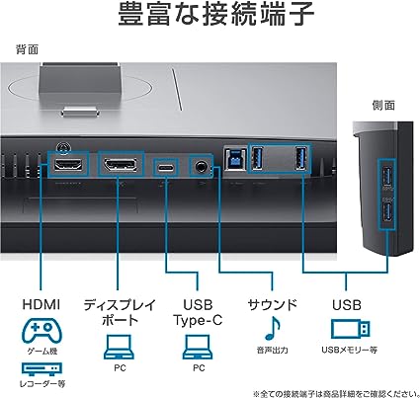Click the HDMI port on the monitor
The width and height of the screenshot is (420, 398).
[x=68, y=164]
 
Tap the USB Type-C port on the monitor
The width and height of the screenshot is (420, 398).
[x=166, y=168]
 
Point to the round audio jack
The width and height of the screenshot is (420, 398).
[x=200, y=167]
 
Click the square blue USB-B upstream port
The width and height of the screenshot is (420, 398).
[x=235, y=159]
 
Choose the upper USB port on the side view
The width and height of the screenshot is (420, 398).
[x=386, y=177]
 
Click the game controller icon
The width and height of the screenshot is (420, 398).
[x=42, y=330]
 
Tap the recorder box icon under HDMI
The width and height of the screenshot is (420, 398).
[x=42, y=369]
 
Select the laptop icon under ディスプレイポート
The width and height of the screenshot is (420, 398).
[x=120, y=348]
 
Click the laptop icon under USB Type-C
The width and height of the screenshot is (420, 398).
[x=198, y=348]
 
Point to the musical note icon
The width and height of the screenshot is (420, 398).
[x=273, y=328]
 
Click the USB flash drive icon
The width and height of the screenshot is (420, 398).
[x=350, y=329]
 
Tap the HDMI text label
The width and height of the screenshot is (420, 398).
[x=42, y=304]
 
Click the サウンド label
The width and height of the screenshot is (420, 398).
[x=273, y=305]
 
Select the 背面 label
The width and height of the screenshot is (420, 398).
[x=28, y=49]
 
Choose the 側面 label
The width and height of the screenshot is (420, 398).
[x=383, y=106]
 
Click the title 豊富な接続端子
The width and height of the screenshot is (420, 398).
[x=216, y=14]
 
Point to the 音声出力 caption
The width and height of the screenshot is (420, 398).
[x=273, y=350]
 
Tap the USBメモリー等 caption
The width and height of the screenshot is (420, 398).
[x=350, y=350]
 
